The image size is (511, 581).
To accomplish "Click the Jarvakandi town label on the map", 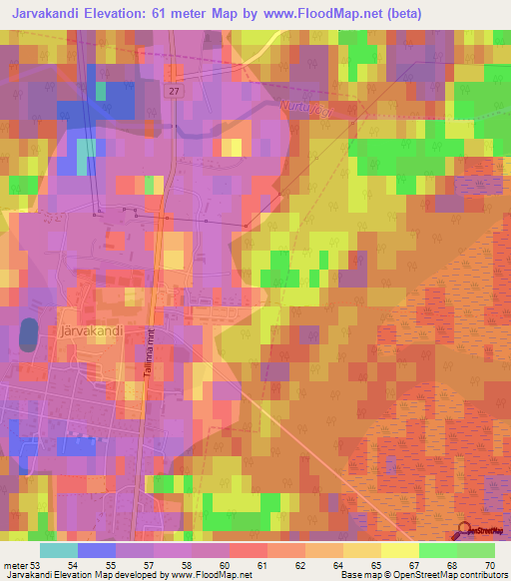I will pos(94,330).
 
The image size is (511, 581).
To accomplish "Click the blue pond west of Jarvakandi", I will pos(27,334).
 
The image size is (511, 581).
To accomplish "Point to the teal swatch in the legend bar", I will pos(58,550).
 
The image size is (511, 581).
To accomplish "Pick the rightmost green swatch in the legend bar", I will pos(475,550).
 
